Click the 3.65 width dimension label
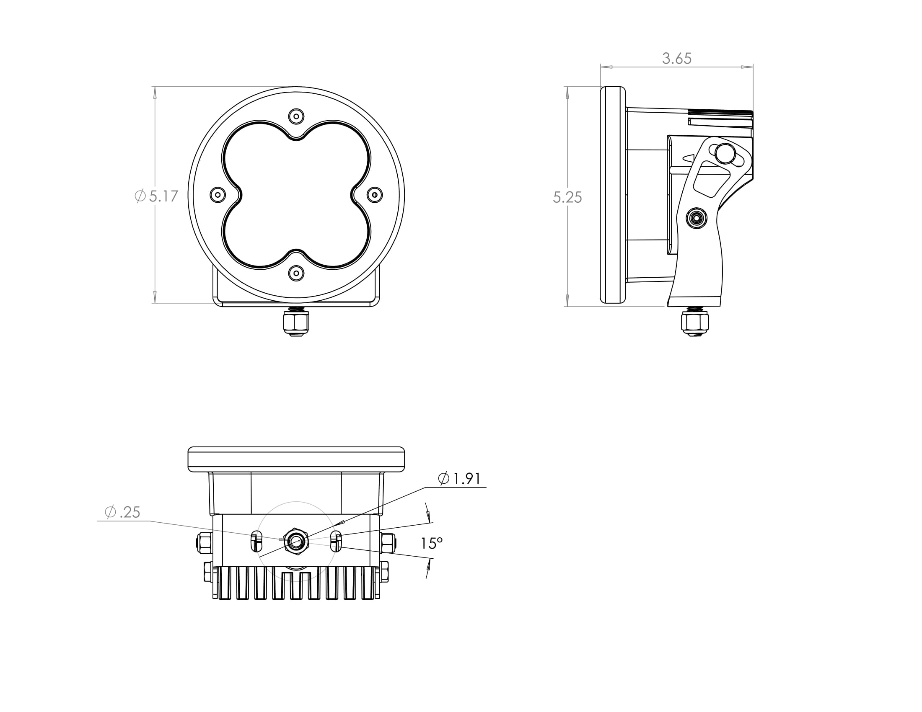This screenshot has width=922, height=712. tap(677, 58)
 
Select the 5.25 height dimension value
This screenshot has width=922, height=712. tap(567, 197)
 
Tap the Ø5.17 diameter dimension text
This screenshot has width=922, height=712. tap(156, 196)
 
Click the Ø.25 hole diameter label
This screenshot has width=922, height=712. tap(122, 512)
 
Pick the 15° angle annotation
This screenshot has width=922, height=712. tap(431, 543)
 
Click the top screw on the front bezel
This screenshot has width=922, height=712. tap(296, 116)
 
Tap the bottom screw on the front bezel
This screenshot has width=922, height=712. tap(296, 273)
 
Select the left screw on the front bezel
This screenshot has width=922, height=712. tap(218, 195)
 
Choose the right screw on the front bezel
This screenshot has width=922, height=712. tap(375, 195)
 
